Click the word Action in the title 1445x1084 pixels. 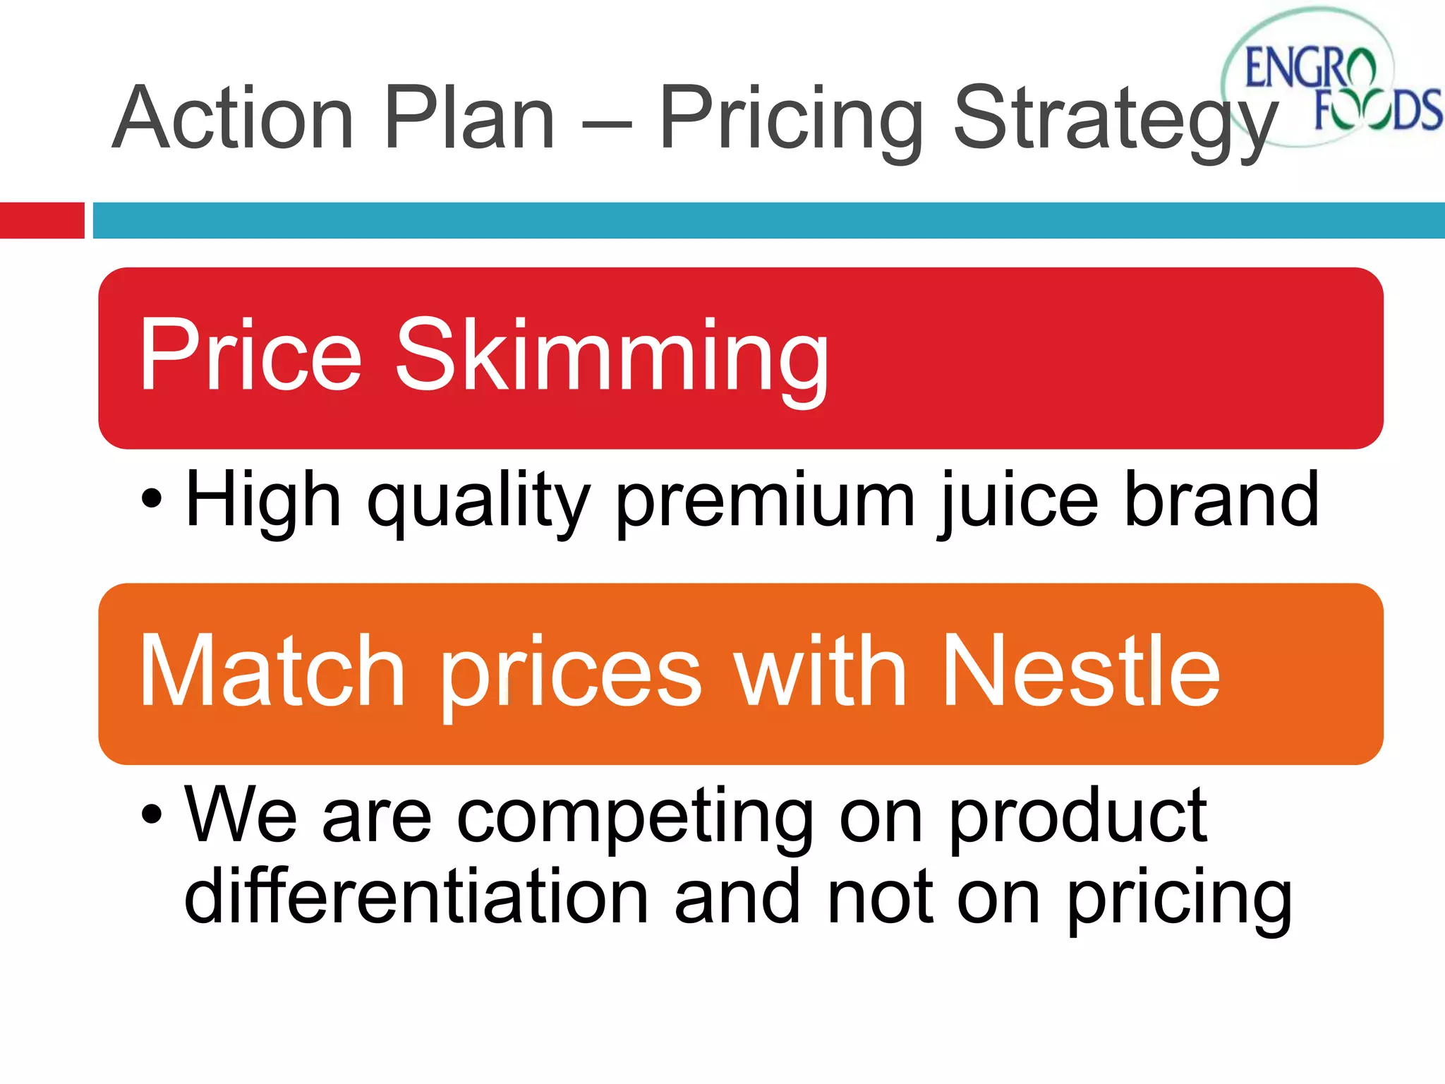pos(233,119)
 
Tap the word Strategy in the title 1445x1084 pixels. pos(1115,120)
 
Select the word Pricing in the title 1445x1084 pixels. pos(790,120)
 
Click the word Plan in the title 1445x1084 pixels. pos(469,119)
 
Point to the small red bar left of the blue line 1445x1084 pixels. pos(42,220)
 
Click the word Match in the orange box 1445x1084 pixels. pos(272,670)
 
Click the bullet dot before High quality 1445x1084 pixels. pos(151,500)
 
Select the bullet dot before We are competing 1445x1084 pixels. pos(151,816)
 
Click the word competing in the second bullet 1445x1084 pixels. pos(635,819)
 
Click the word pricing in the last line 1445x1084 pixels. pos(1178,900)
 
